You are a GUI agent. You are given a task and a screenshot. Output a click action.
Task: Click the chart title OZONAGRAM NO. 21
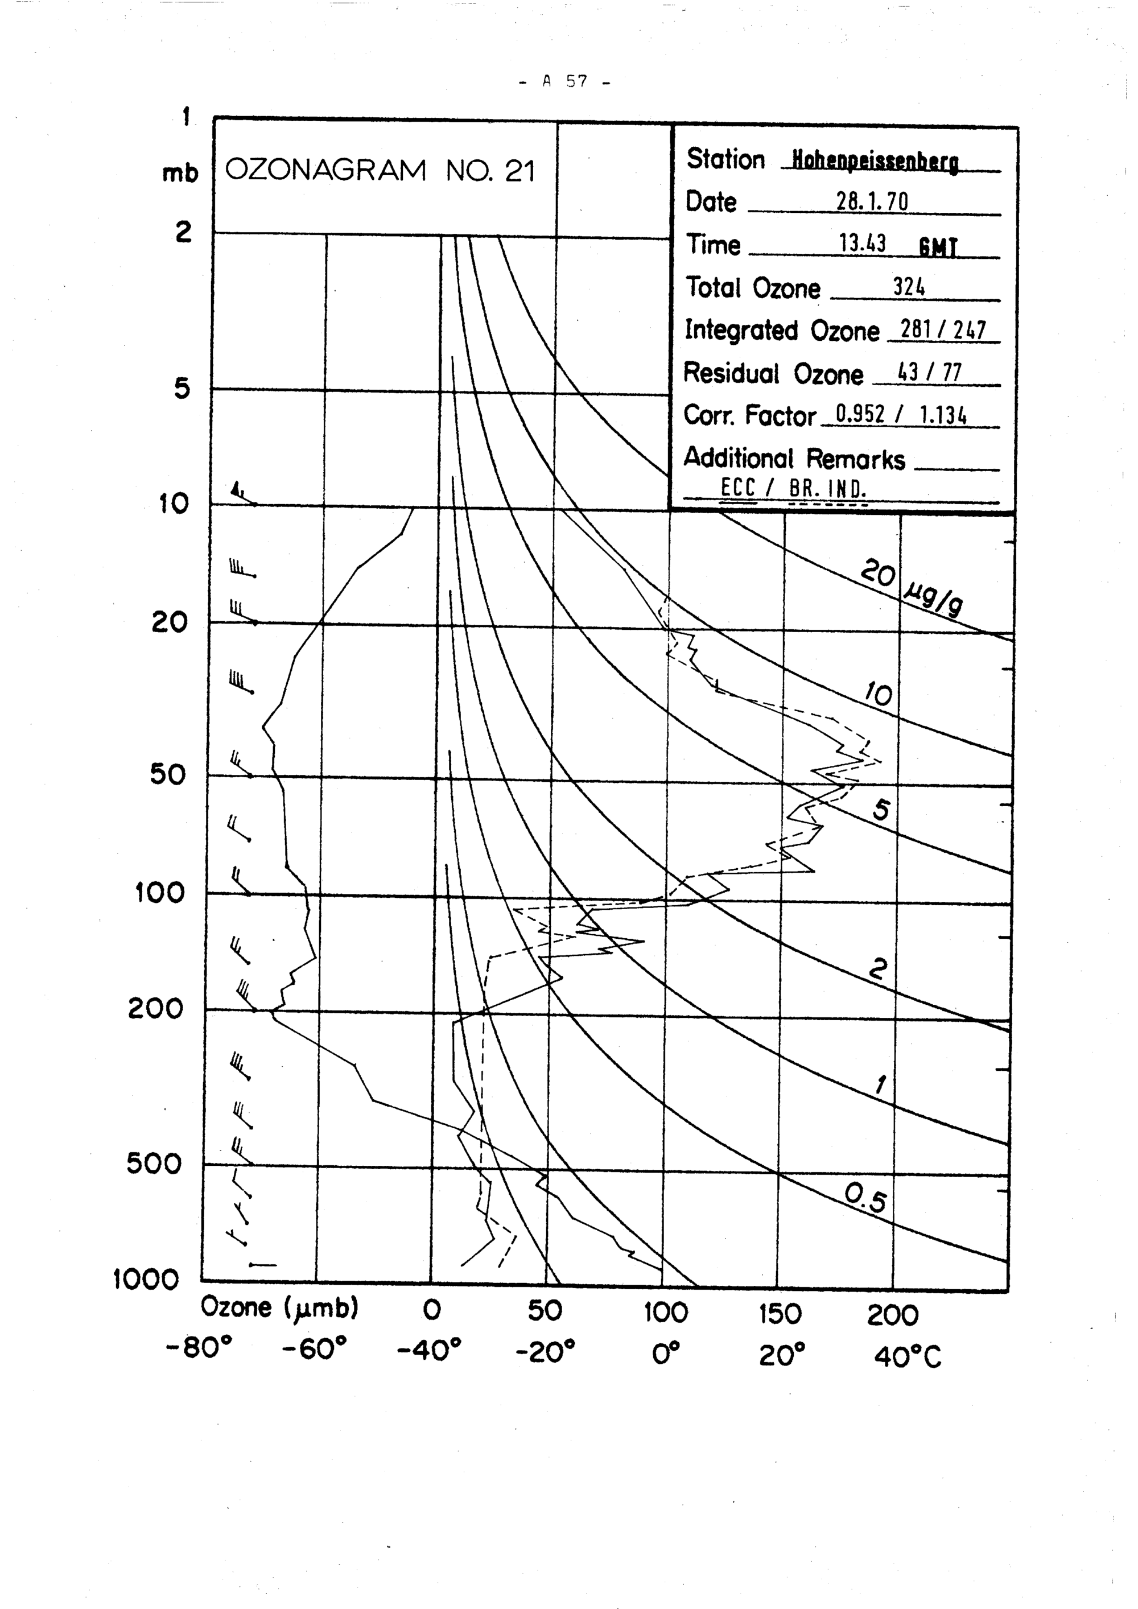(x=380, y=170)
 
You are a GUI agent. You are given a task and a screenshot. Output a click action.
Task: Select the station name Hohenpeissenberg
(x=875, y=162)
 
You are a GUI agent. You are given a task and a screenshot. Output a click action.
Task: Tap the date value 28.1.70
(x=872, y=203)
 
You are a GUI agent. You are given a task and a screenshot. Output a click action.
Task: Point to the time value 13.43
(x=862, y=244)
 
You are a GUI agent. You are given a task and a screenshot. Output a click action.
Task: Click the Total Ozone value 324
(x=908, y=287)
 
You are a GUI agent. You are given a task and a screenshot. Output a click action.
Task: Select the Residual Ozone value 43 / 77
(x=929, y=372)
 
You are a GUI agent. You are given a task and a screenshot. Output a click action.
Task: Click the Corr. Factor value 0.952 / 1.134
(x=901, y=415)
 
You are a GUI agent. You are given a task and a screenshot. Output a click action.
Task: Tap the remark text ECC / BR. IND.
(x=793, y=488)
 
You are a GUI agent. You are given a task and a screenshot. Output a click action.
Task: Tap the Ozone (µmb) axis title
(x=279, y=1307)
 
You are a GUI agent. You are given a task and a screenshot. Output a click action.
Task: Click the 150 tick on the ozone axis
(x=779, y=1313)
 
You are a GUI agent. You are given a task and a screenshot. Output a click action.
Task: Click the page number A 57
(x=564, y=82)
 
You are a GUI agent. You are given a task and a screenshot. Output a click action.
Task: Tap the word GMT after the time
(x=938, y=248)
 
